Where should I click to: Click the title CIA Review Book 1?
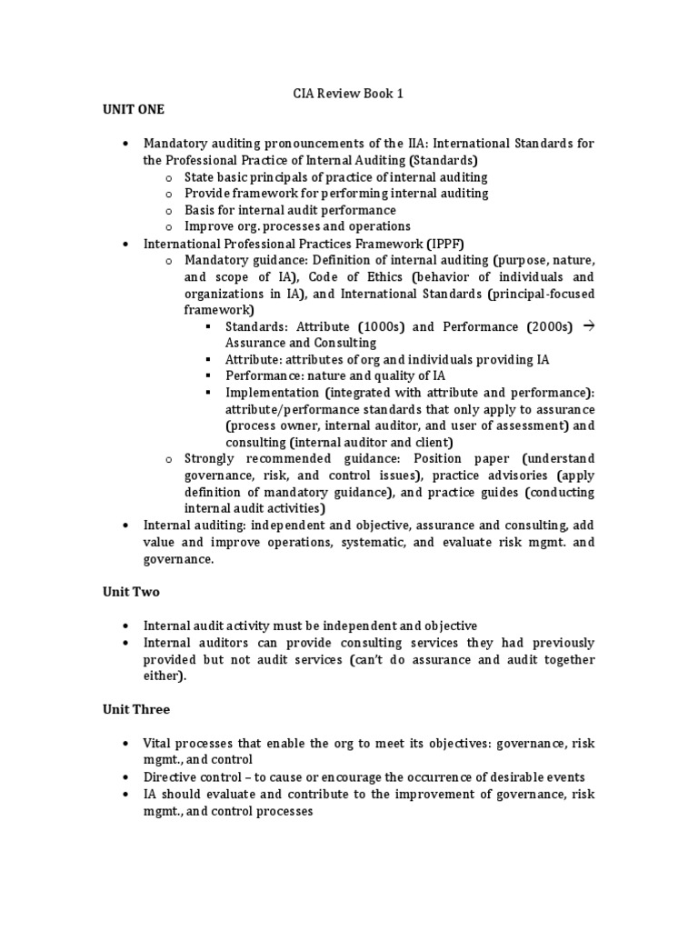coord(348,93)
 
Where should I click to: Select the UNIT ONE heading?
coord(133,109)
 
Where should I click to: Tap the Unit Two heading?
coord(130,592)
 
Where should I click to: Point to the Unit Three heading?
coord(135,709)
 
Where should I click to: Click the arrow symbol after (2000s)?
coord(587,325)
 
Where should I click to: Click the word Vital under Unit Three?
coord(160,743)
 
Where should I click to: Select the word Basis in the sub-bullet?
coord(200,210)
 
